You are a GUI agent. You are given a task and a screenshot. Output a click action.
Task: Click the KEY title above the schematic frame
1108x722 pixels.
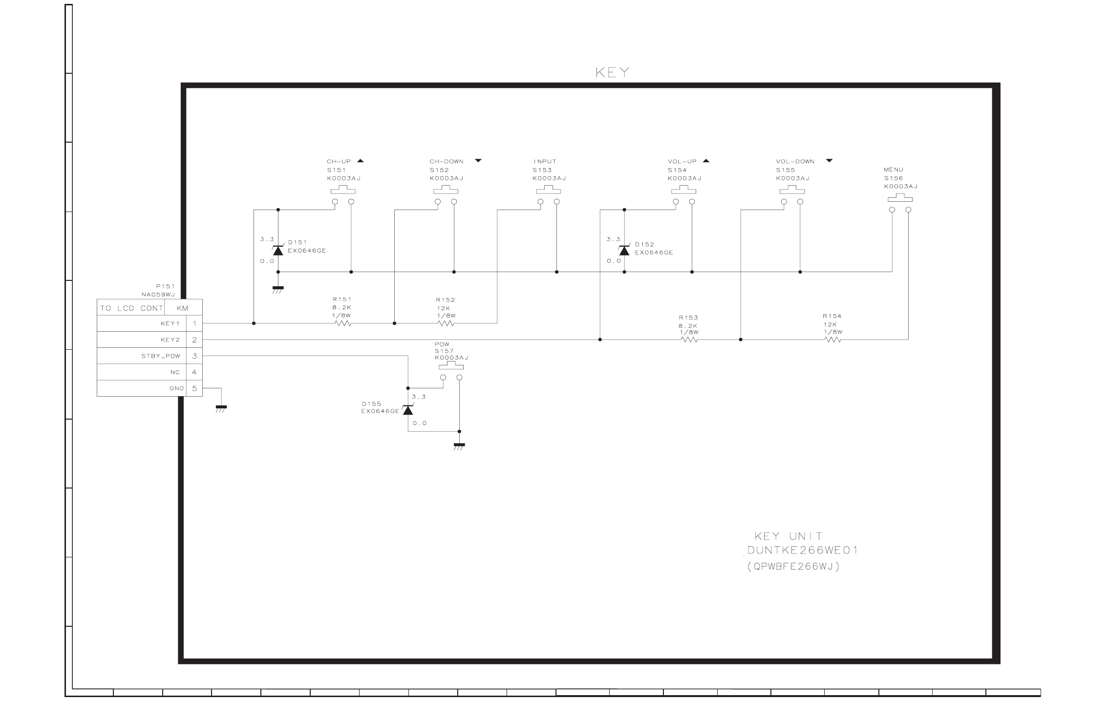(x=612, y=73)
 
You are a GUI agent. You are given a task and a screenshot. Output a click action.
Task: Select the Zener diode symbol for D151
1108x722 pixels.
(x=278, y=251)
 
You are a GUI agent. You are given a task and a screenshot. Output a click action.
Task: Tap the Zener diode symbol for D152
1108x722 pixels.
(x=624, y=251)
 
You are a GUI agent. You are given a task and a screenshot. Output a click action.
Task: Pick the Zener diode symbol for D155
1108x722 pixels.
(x=408, y=409)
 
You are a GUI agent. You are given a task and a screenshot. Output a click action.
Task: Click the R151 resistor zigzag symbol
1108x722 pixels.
(x=343, y=323)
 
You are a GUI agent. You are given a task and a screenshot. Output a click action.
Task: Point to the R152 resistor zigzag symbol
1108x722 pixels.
(x=446, y=323)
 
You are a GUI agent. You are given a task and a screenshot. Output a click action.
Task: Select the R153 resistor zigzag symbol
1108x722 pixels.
(x=689, y=340)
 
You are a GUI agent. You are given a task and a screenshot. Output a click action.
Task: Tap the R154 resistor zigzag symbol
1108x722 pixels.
(x=833, y=340)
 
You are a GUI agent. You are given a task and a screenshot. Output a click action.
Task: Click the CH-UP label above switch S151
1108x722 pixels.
(x=339, y=161)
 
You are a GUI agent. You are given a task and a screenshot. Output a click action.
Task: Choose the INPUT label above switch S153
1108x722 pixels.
(x=545, y=161)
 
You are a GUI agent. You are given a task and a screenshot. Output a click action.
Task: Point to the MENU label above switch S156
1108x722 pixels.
(x=894, y=170)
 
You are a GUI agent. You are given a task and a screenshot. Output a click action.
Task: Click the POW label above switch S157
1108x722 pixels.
(x=442, y=344)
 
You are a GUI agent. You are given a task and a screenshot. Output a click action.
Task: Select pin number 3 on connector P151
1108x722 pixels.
(x=194, y=356)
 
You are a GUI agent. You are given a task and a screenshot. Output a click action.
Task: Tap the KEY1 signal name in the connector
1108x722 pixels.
(x=170, y=323)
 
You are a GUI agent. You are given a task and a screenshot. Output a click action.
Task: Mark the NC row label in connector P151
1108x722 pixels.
(x=175, y=372)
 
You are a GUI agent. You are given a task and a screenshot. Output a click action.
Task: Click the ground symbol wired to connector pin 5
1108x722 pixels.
(x=221, y=408)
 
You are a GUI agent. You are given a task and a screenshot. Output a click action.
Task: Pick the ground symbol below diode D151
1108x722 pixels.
(x=278, y=289)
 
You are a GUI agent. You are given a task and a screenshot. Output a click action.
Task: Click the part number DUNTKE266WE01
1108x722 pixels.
(x=803, y=551)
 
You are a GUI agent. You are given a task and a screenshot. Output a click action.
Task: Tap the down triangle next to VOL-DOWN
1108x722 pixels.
(x=829, y=161)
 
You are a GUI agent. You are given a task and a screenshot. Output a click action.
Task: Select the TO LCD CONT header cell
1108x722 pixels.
(x=131, y=308)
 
